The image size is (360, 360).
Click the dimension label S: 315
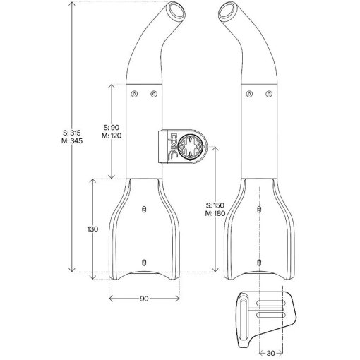(x=72, y=133)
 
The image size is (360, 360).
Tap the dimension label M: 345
(x=72, y=141)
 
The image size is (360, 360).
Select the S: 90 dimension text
(x=112, y=127)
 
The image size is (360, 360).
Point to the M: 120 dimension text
(x=112, y=136)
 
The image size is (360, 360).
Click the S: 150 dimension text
(x=215, y=205)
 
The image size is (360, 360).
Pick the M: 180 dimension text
(x=215, y=213)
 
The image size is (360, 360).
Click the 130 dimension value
(x=92, y=229)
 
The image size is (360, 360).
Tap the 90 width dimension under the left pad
(x=144, y=299)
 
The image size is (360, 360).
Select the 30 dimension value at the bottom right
(x=270, y=353)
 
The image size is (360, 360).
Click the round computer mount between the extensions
(x=190, y=147)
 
